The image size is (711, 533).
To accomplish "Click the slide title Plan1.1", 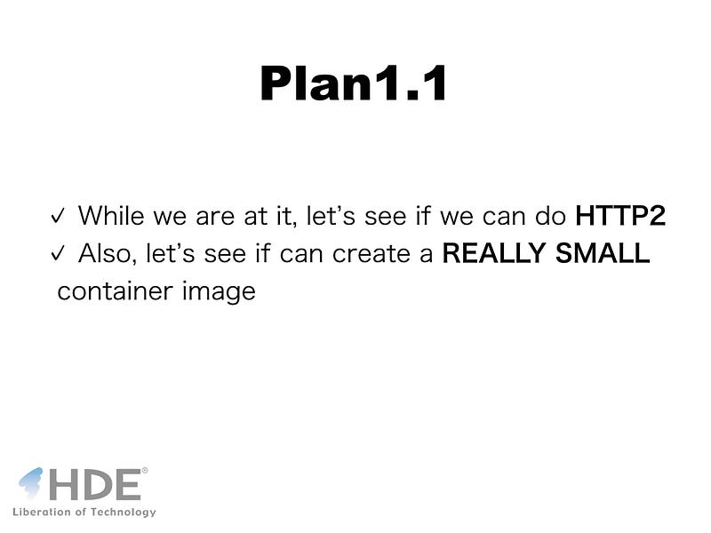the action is (354, 83).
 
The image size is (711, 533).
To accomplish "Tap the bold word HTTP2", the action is (620, 216).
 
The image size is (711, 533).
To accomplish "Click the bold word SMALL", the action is (603, 253).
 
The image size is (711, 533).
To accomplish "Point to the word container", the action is (116, 291).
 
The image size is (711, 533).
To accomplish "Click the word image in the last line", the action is (219, 292).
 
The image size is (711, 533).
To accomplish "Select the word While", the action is (111, 216).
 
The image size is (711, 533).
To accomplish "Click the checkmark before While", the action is (58, 216).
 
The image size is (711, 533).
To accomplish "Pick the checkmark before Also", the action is (58, 253).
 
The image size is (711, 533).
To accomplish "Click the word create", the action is (371, 254).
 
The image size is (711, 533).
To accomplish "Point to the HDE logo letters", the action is (95, 484).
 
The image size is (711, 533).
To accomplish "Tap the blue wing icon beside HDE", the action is (31, 482).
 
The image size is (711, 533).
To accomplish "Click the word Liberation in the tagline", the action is (42, 512).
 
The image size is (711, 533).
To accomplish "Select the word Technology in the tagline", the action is (123, 513).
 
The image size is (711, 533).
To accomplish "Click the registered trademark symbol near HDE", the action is (145, 471).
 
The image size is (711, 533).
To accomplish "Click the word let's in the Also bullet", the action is (170, 253).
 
